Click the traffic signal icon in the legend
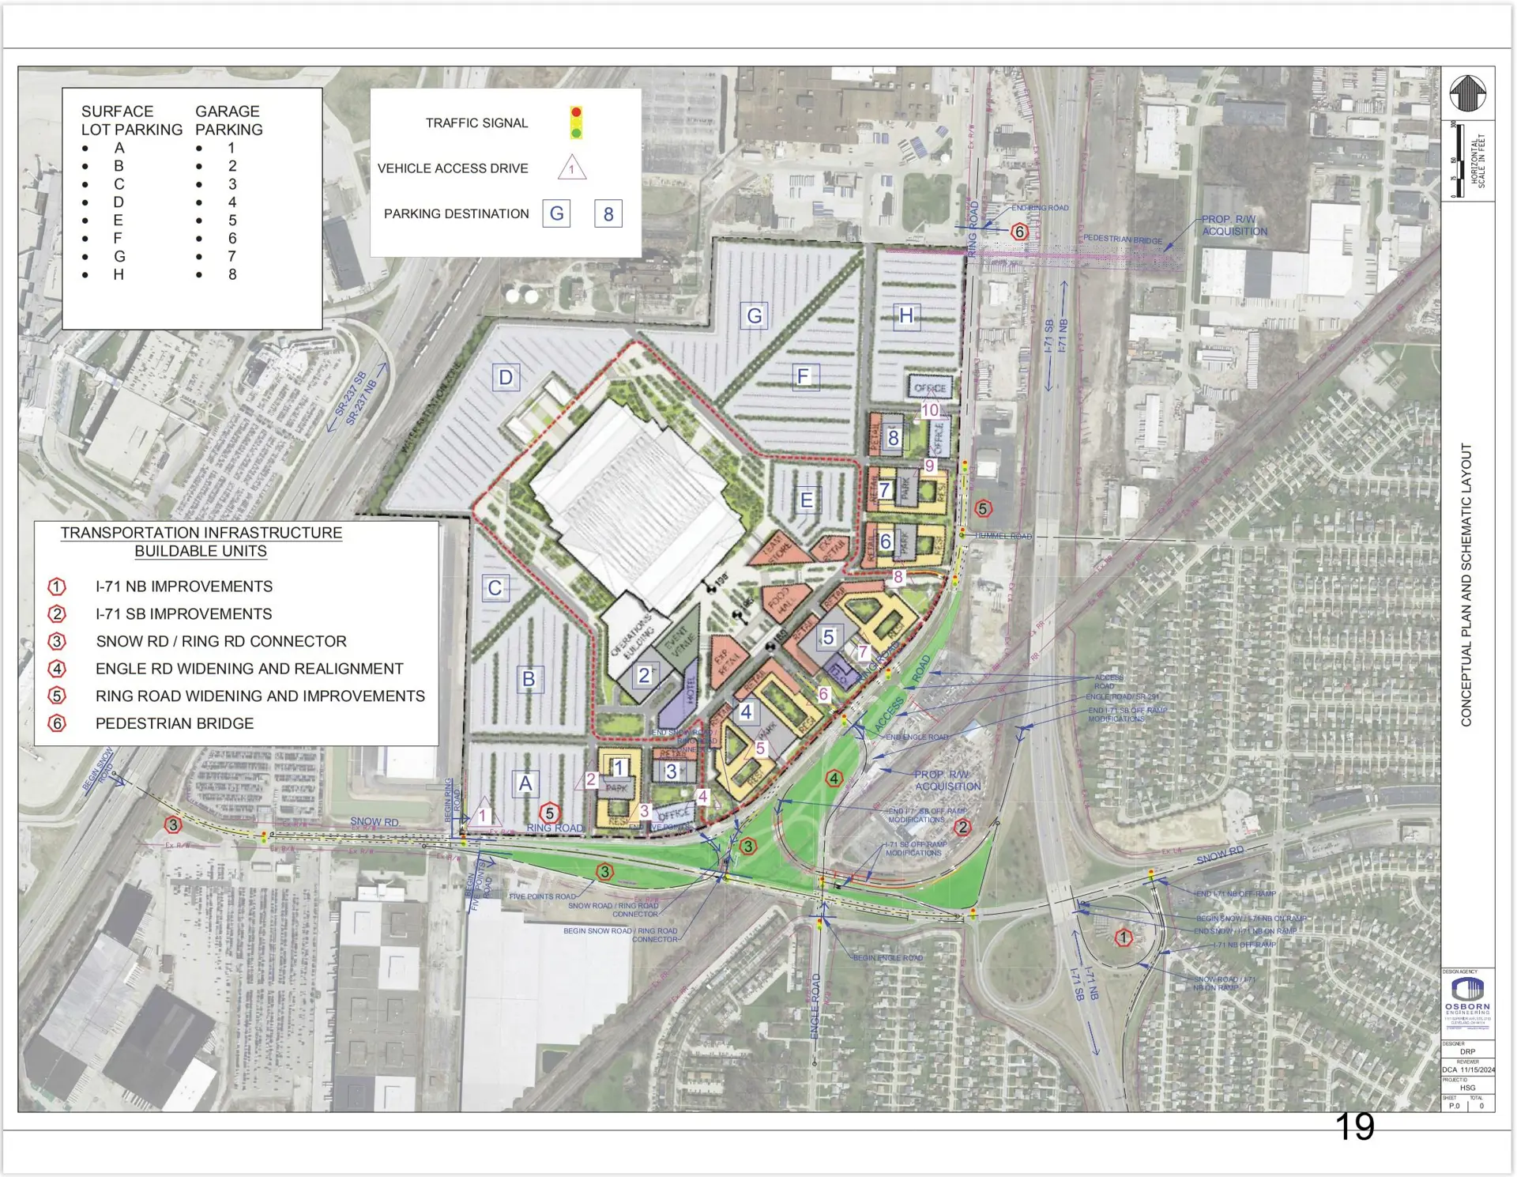[x=576, y=123]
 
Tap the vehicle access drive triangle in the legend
[x=571, y=168]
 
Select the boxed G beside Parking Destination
[x=556, y=213]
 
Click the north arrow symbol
[x=1467, y=93]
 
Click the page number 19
[x=1354, y=1126]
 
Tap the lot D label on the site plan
[x=506, y=378]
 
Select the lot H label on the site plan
[x=906, y=316]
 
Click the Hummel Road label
[x=1003, y=536]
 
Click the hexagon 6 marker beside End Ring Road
[x=1019, y=232]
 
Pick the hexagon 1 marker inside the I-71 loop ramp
[x=1123, y=937]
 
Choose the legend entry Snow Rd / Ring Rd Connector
[x=221, y=641]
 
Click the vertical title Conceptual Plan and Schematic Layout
[x=1466, y=585]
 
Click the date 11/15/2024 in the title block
[x=1477, y=1069]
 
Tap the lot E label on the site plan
[x=807, y=500]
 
